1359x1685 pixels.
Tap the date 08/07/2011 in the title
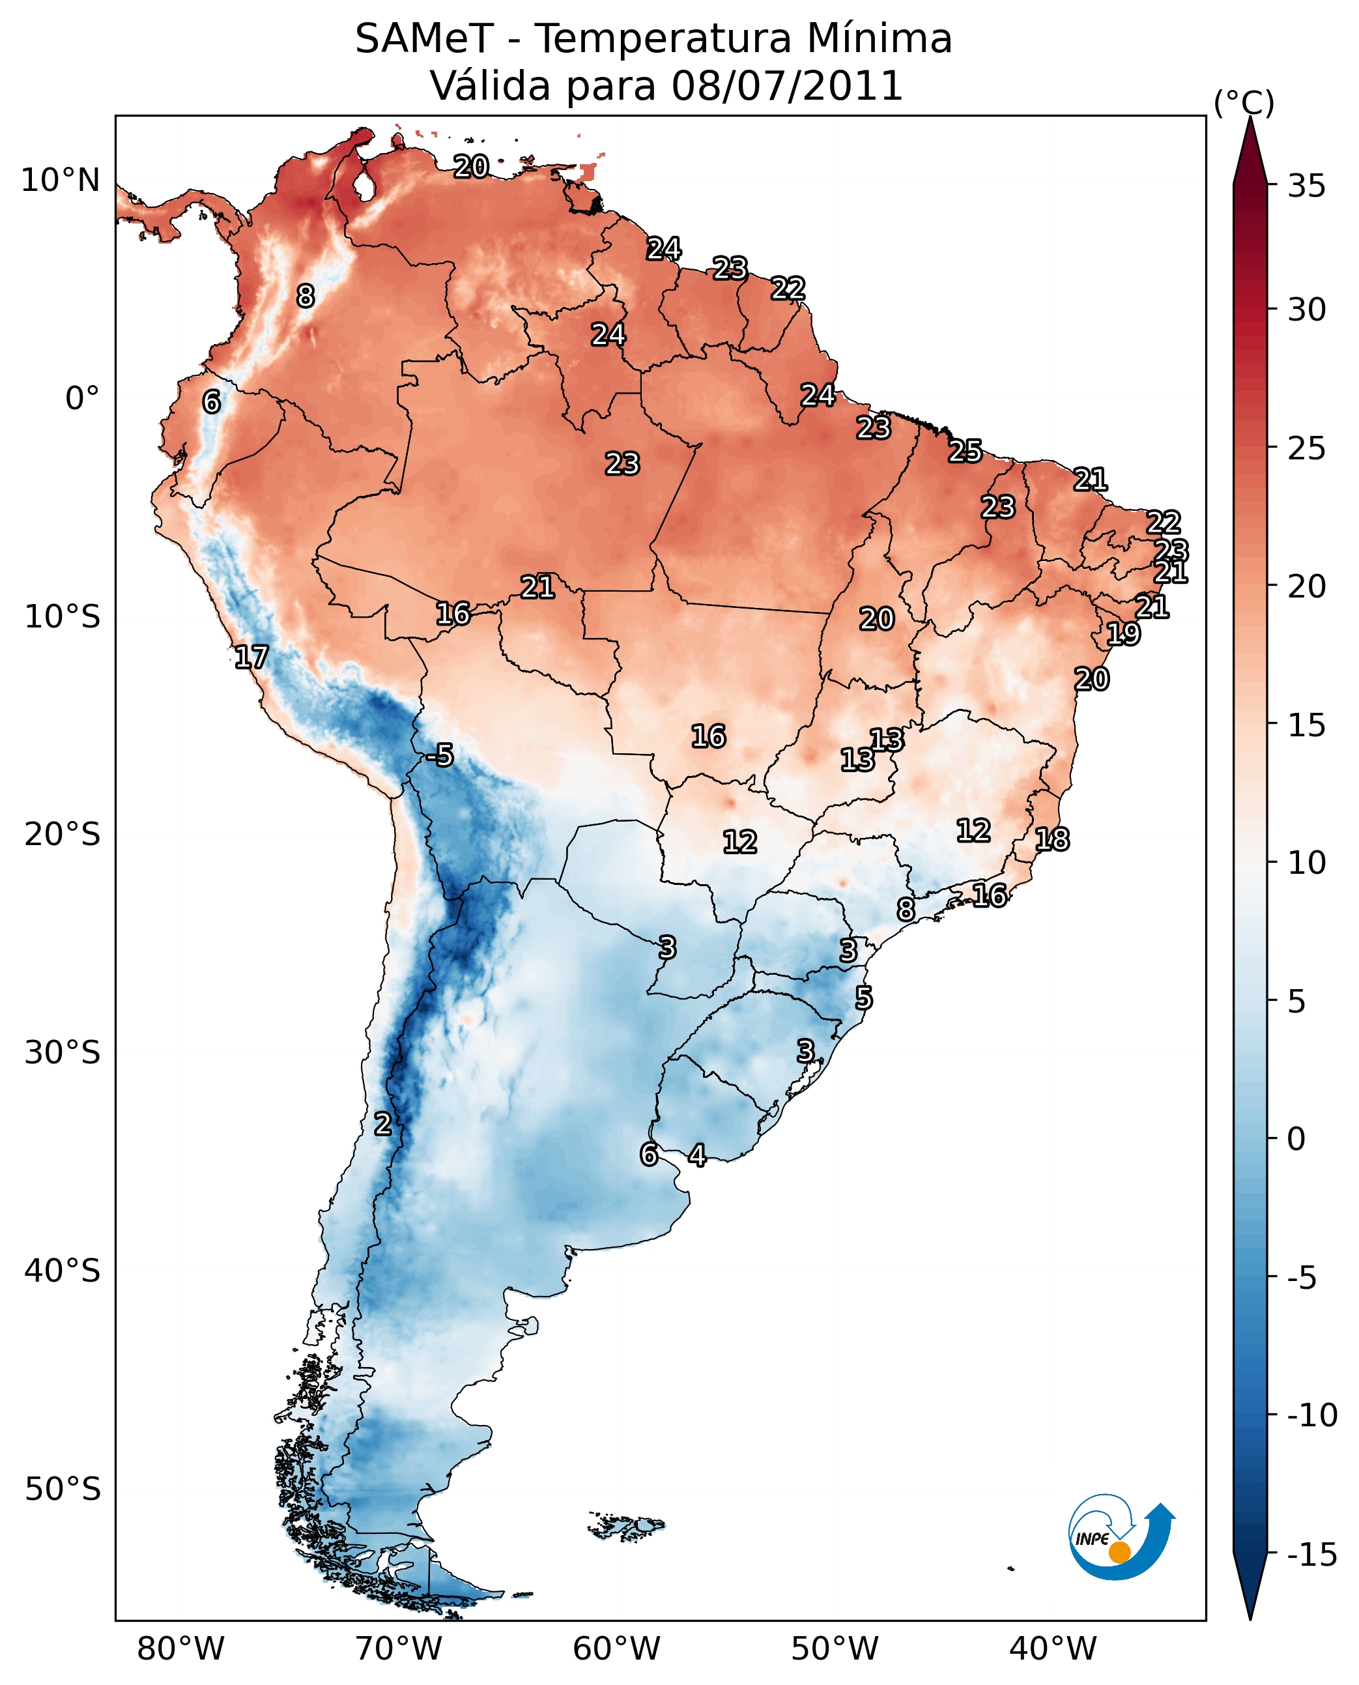pyautogui.click(x=787, y=86)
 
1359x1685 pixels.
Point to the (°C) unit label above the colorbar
pyautogui.click(x=1244, y=102)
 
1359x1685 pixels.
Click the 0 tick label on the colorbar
pyautogui.click(x=1296, y=1138)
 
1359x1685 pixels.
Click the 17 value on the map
pyautogui.click(x=251, y=656)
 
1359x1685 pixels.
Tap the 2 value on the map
pyautogui.click(x=382, y=1123)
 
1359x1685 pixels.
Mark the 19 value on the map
pyautogui.click(x=1123, y=633)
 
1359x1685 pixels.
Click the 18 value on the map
pyautogui.click(x=1051, y=839)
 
